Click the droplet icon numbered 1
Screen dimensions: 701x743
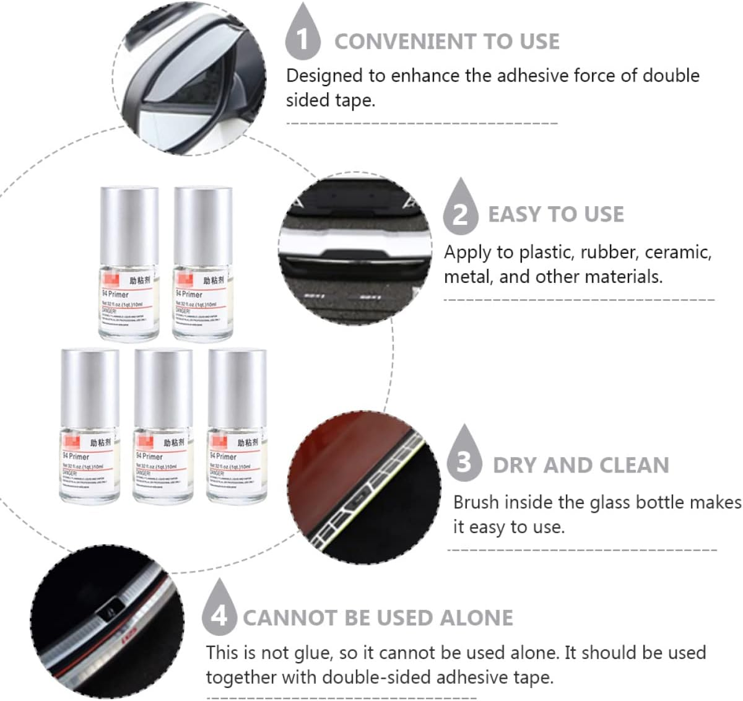click(x=302, y=36)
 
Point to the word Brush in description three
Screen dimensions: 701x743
click(x=476, y=502)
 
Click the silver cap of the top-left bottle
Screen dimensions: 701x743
click(x=129, y=226)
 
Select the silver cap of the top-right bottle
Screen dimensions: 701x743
click(x=202, y=226)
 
